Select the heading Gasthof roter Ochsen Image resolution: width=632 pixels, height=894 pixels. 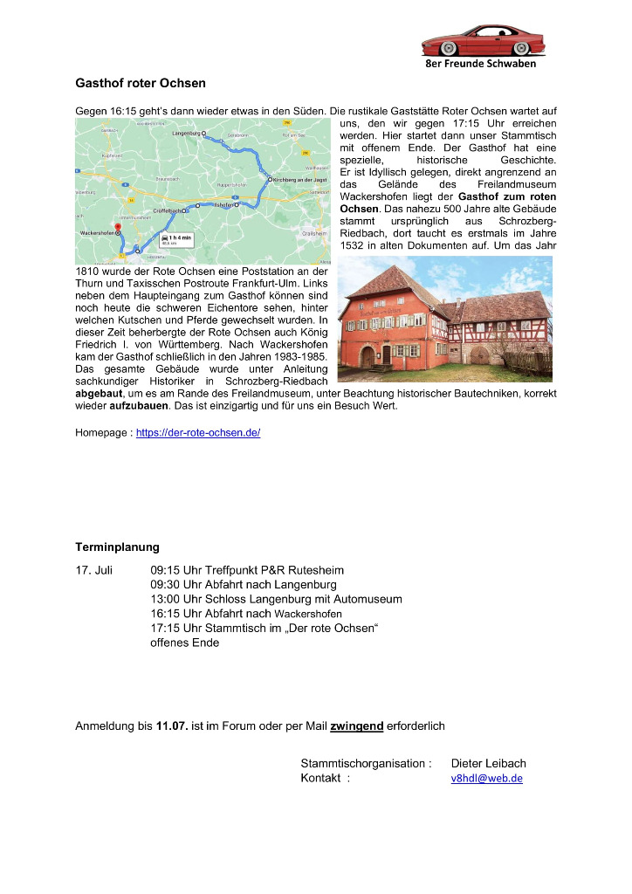tap(141, 84)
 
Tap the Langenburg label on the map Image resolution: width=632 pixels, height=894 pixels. tap(187, 134)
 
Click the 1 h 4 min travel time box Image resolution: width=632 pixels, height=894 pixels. tap(176, 239)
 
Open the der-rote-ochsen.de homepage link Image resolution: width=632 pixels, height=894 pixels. tap(198, 433)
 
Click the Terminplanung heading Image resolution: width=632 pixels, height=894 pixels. tap(117, 547)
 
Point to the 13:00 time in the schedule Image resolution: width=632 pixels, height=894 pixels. tap(165, 599)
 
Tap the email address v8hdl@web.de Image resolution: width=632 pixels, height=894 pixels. tap(486, 779)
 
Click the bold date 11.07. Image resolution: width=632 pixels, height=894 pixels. tap(172, 726)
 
